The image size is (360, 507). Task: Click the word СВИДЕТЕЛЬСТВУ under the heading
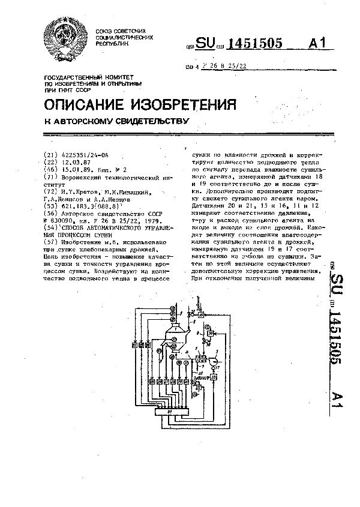click(144, 121)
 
